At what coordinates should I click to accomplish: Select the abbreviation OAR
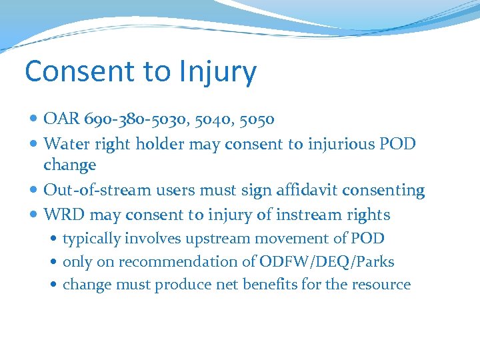click(61, 119)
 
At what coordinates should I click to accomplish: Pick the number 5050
click(257, 119)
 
